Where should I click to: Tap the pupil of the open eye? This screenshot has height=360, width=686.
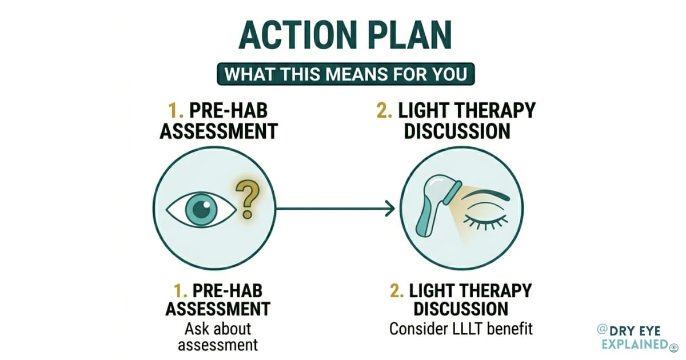pyautogui.click(x=201, y=210)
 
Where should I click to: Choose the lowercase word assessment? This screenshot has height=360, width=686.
pyautogui.click(x=217, y=345)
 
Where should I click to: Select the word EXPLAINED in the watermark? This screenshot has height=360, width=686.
pyautogui.click(x=633, y=344)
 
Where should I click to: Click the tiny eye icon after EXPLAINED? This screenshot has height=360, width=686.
pyautogui.click(x=673, y=345)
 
